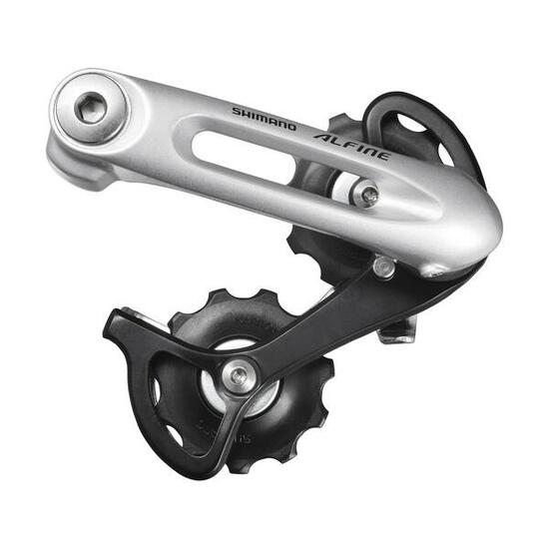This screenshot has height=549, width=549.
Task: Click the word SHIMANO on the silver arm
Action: coord(265,119)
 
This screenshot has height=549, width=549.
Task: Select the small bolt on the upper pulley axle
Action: coord(369,195)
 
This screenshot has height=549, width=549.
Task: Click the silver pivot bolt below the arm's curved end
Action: coord(384,266)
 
